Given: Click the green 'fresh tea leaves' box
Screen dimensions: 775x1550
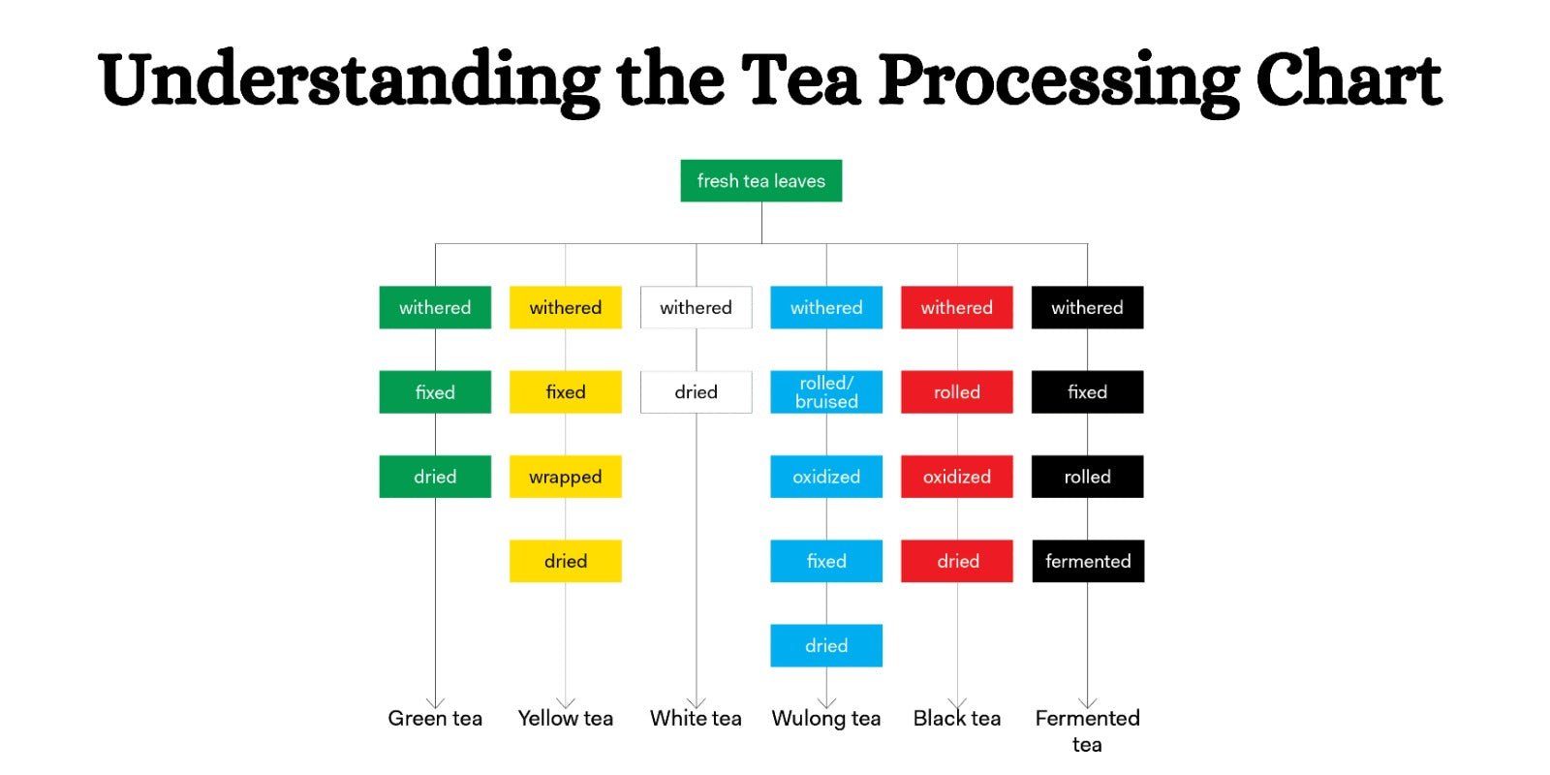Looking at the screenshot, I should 760,181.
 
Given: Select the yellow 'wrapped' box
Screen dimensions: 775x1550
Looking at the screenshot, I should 565,477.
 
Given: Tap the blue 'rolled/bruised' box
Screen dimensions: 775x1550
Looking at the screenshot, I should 826,392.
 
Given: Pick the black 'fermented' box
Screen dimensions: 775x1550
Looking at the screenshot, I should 1087,561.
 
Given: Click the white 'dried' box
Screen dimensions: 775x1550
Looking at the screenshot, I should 696,392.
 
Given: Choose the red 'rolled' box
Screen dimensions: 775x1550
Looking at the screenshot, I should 956,392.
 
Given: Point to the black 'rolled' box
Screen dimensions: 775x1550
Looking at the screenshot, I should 1087,477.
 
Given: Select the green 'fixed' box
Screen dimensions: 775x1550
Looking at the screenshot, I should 435,392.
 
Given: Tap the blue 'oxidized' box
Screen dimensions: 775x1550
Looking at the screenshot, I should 826,477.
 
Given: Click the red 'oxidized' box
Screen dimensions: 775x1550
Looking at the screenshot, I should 956,477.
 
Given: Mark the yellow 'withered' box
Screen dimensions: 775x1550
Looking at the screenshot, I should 565,307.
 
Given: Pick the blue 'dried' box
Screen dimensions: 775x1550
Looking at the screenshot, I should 826,645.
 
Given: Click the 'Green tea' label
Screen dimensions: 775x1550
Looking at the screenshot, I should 435,719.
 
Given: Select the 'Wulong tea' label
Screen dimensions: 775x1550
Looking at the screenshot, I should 826,719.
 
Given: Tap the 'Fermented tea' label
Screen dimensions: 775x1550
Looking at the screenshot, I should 1087,729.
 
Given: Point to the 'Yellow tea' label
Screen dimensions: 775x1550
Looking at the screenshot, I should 565,719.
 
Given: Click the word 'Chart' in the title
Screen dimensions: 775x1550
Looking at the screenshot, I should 1348,79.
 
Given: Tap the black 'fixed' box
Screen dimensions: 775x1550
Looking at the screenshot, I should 1087,392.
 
